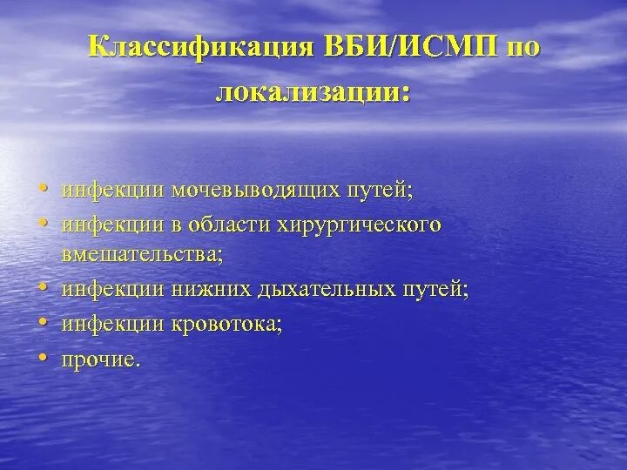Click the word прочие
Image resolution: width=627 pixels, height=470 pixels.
click(x=99, y=358)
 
